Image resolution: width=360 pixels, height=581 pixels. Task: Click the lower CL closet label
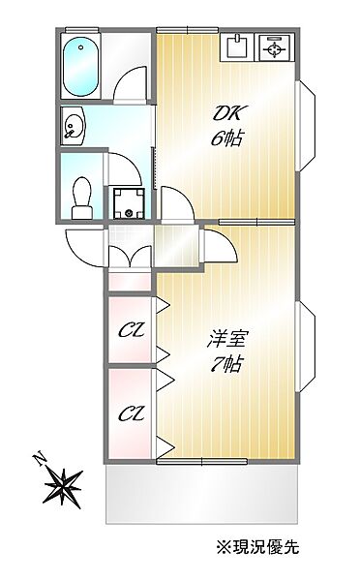[x=130, y=413]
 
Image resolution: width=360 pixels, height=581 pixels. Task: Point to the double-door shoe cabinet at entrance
[x=130, y=257]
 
